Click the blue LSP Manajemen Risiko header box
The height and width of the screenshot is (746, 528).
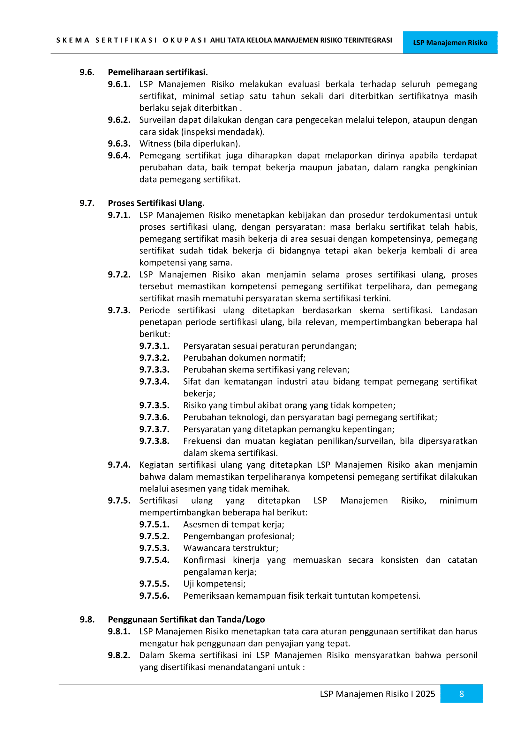(x=450, y=42)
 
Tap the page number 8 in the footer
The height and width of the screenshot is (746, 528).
(x=461, y=694)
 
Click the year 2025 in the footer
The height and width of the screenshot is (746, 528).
(x=425, y=694)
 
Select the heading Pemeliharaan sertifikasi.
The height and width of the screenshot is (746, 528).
(x=158, y=72)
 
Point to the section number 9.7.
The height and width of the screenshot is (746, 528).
(x=87, y=203)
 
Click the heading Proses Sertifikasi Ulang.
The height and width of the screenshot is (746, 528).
(x=156, y=203)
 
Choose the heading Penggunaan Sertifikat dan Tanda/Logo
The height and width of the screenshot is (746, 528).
(x=186, y=619)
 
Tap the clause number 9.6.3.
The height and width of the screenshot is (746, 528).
(x=119, y=144)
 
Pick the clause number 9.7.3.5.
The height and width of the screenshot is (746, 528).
(x=154, y=405)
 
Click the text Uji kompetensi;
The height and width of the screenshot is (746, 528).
(x=214, y=584)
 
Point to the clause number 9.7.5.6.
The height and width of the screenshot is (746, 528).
(x=154, y=595)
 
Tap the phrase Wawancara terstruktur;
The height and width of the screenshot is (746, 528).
(x=230, y=548)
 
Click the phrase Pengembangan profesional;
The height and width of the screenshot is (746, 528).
(x=239, y=536)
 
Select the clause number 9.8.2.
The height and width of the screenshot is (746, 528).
(x=119, y=655)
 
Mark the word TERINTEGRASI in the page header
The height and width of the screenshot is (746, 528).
(x=368, y=40)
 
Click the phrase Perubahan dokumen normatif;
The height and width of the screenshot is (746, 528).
(x=244, y=358)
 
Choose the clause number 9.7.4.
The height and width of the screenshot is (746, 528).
(x=119, y=465)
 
